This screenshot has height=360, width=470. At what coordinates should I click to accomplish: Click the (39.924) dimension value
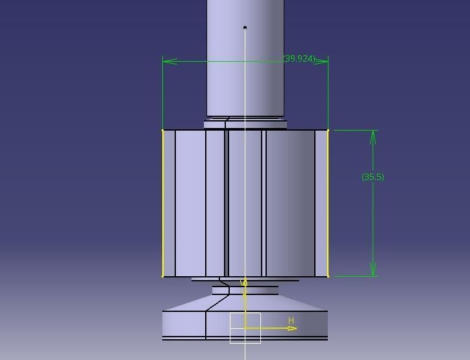299,58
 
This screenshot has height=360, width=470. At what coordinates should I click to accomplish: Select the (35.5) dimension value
373,177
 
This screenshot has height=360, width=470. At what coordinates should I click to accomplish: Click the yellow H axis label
291,320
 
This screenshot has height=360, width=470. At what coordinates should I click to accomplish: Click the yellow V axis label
244,283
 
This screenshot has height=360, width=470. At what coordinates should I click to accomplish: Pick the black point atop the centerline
245,27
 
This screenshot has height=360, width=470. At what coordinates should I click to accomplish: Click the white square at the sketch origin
245,328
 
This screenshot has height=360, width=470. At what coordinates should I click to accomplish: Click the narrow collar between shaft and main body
245,124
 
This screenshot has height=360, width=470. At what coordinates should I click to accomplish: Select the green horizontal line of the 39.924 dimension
227,62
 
